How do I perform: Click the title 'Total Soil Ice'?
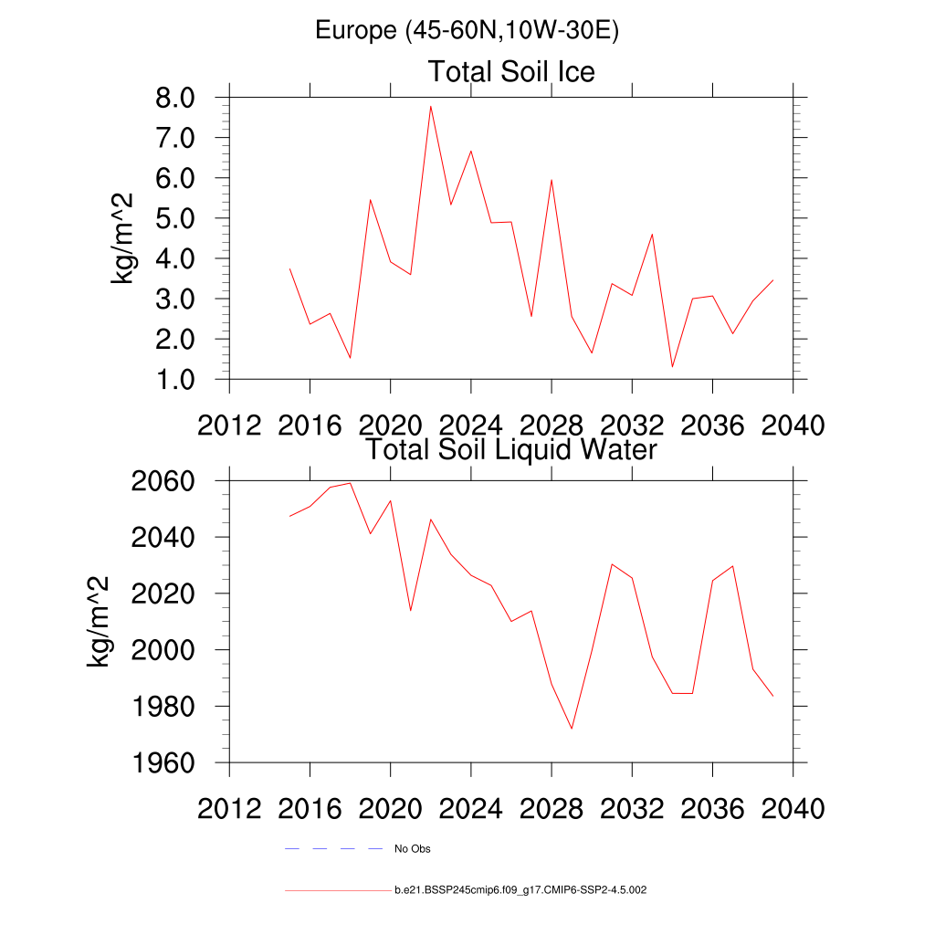click(x=511, y=71)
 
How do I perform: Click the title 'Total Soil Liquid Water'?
click(x=511, y=449)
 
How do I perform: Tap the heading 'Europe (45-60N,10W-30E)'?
click(x=467, y=30)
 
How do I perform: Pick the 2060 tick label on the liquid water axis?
click(x=163, y=481)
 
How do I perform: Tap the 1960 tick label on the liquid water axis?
click(x=163, y=762)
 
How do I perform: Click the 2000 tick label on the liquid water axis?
click(x=163, y=650)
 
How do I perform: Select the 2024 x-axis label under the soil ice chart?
click(x=470, y=425)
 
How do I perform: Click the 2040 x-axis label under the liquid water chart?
click(x=793, y=809)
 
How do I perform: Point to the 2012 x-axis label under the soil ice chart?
click(x=229, y=425)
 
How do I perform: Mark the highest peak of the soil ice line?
click(x=430, y=107)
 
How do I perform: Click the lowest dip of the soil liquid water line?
click(x=572, y=729)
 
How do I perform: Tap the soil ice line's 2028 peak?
click(x=552, y=180)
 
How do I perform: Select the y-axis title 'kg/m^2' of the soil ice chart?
click(x=121, y=238)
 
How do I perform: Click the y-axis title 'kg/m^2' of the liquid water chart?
click(x=98, y=621)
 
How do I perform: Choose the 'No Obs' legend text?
click(x=412, y=849)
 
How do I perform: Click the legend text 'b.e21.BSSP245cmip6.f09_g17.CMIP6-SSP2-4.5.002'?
click(x=520, y=889)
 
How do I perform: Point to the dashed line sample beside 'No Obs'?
click(x=333, y=849)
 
